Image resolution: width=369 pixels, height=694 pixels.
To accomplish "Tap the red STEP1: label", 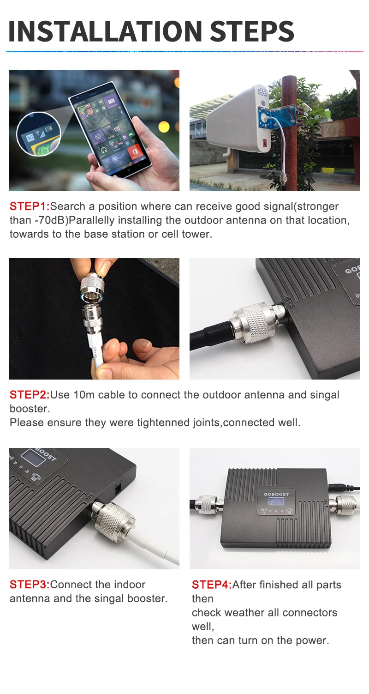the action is coord(30,206).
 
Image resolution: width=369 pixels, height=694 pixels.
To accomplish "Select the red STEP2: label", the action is coord(30,395).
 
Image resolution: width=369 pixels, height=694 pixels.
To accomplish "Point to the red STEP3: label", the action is coord(30,584).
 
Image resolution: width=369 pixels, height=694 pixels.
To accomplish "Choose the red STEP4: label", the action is coord(212,585).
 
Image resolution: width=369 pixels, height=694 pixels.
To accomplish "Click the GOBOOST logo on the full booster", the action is coord(276,495).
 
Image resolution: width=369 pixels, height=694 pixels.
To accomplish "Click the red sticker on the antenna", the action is coord(265,144).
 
